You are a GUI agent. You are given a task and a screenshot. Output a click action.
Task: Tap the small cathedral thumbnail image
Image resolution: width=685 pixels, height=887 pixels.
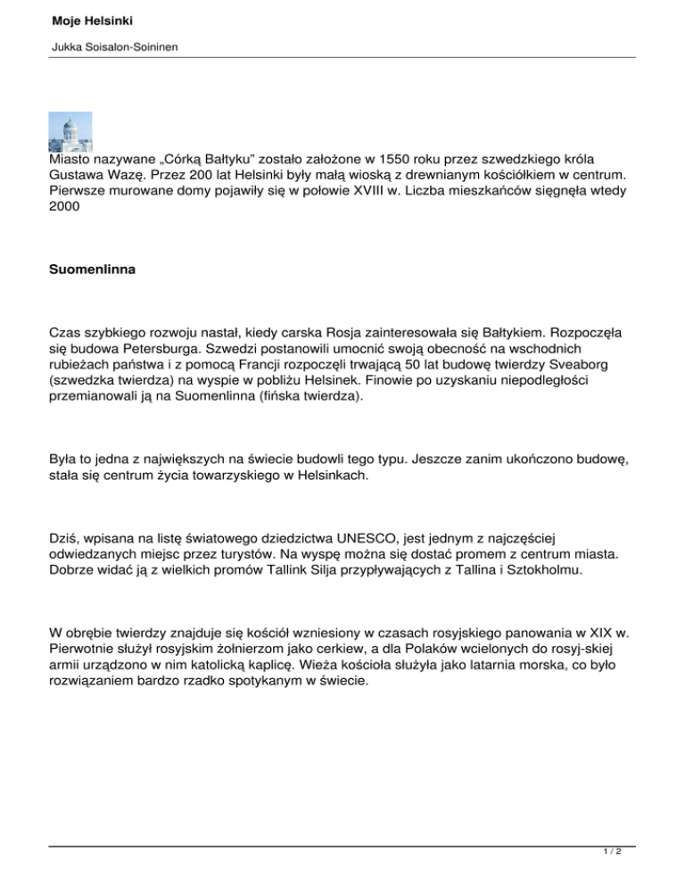point(70,132)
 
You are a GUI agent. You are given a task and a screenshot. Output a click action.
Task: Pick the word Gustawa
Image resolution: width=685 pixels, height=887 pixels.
point(78,176)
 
